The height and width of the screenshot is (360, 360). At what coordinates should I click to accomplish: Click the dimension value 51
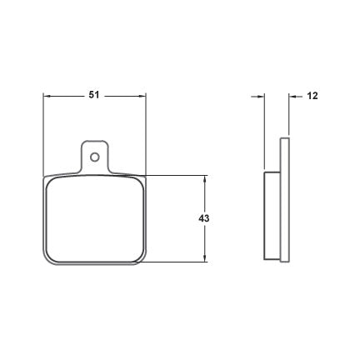coord(94,95)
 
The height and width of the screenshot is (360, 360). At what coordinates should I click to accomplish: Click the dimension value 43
coord(204,218)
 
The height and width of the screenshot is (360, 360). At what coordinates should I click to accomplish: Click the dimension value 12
coord(312,96)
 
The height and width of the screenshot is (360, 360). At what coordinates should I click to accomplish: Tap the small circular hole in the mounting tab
coord(95,157)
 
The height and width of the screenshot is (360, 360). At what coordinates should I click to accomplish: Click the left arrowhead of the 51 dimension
coord(47,96)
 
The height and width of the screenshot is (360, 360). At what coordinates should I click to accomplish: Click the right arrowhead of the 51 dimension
coord(142,96)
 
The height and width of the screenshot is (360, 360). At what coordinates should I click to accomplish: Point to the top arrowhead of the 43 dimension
coord(205,179)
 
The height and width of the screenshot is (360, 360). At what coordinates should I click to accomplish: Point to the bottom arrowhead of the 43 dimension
coord(205,257)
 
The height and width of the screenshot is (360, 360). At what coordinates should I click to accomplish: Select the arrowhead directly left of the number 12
coord(292,97)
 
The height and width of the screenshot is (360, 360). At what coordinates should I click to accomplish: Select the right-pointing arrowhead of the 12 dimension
coord(261,97)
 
